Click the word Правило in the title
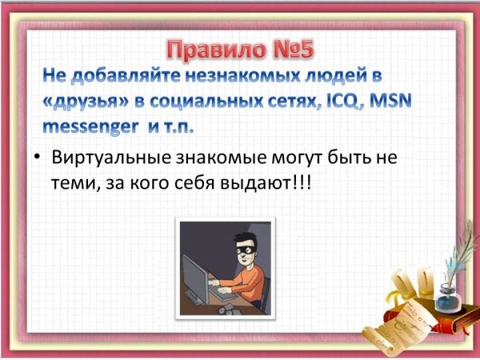point(217,50)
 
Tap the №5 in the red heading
point(294,50)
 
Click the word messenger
point(90,127)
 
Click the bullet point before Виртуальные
point(37,158)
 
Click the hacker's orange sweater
point(245,282)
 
